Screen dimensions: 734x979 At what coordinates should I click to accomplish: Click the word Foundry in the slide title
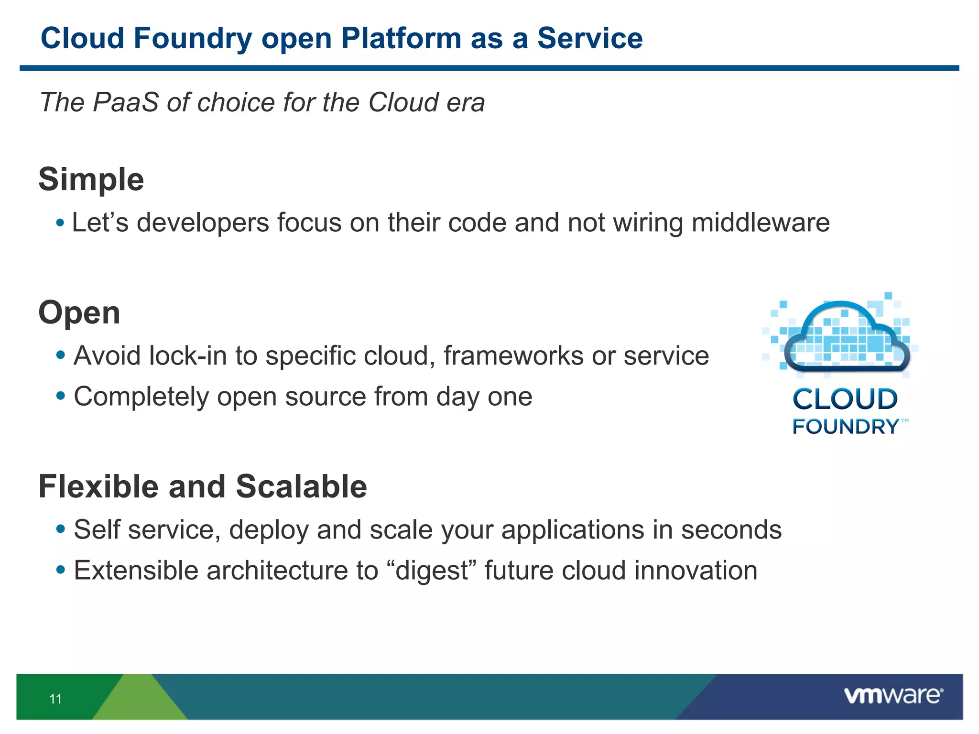[193, 38]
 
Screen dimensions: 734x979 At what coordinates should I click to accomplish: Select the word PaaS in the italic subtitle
[125, 102]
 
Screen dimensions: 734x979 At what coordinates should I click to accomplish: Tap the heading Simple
[91, 180]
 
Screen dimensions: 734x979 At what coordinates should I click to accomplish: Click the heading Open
[79, 313]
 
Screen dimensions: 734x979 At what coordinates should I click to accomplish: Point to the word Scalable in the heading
[301, 487]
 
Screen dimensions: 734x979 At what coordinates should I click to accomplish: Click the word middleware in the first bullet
[760, 223]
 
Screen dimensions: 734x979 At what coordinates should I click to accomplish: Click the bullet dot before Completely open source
[60, 396]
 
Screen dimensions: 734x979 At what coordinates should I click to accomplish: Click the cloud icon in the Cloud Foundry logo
[847, 337]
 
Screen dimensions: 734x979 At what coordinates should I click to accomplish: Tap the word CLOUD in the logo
[845, 399]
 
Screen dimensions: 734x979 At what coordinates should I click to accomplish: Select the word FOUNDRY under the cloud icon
[845, 427]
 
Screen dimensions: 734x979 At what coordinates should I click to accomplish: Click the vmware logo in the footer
[893, 696]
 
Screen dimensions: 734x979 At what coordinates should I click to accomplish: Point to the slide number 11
[55, 699]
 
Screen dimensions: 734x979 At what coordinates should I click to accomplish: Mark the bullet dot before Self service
[60, 529]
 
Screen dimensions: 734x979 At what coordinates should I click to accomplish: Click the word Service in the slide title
[590, 38]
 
